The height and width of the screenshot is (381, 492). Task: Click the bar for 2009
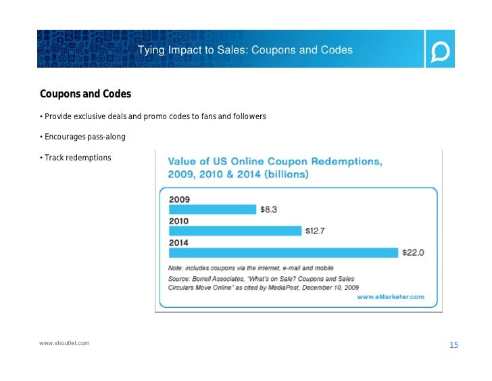(212, 209)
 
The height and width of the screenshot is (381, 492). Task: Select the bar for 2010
(235, 231)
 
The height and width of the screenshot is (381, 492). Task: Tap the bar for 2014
(283, 252)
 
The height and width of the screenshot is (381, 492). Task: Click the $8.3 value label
(268, 210)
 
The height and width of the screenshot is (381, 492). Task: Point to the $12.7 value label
(315, 231)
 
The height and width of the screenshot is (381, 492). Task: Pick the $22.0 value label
(413, 252)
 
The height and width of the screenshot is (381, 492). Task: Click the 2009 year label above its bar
(180, 200)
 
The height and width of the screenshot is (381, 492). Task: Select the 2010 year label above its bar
(179, 221)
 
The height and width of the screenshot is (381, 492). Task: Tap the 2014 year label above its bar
(178, 243)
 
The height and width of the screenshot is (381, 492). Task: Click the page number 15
(453, 345)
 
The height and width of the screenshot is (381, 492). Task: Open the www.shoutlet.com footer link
(64, 343)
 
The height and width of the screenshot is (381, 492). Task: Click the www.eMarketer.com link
(391, 297)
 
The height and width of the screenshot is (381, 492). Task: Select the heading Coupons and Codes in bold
(85, 93)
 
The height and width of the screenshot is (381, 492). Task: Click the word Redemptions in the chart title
(347, 162)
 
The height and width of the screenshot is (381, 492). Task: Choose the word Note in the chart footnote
(176, 268)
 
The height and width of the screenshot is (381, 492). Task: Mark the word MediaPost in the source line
(283, 288)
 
